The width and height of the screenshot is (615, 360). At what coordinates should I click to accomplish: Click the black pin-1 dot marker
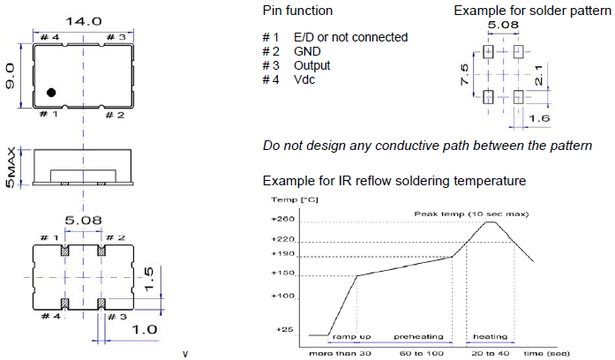point(52,93)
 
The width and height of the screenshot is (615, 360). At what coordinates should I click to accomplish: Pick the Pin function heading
point(297,11)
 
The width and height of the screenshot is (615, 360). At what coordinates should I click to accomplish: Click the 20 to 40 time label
point(490,353)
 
